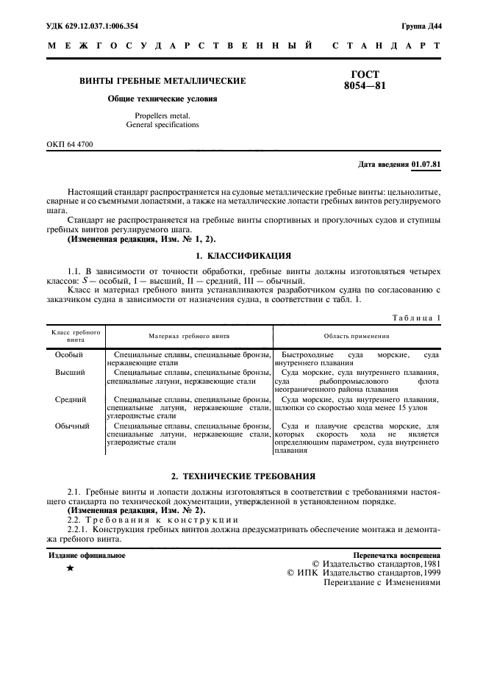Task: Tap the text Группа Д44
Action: pos(421,26)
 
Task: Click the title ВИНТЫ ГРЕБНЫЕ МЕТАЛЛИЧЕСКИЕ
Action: pos(162,81)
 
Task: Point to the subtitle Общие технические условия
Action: pos(162,98)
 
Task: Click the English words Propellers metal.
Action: pos(162,115)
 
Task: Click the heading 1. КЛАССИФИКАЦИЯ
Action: pos(243,256)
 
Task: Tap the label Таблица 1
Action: pos(417,317)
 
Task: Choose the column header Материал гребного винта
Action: pos(189,336)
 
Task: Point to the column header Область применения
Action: pos(357,336)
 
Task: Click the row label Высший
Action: pos(71,373)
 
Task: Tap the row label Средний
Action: pos(71,399)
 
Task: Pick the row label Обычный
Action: pos(72,426)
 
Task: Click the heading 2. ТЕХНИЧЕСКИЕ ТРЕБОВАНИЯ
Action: pos(243,476)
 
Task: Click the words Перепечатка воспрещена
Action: pos(396,556)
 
